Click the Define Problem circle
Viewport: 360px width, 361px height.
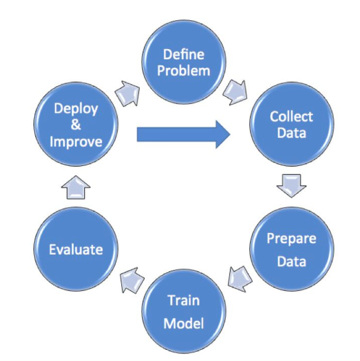[x=183, y=63]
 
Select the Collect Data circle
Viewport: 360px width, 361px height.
[x=291, y=125]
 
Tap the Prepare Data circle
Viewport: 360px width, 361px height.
[x=291, y=250]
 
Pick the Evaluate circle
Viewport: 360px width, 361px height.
[x=76, y=250]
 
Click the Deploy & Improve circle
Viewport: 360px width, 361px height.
[x=76, y=125]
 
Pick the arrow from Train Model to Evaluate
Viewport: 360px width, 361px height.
[x=130, y=279]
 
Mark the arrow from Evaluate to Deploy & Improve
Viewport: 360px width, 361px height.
[x=76, y=187]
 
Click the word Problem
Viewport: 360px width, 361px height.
[x=184, y=71]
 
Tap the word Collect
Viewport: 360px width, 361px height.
[x=291, y=117]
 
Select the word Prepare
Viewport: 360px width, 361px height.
[x=291, y=239]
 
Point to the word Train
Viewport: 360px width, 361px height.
[x=183, y=300]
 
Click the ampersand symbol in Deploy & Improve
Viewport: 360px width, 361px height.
[x=75, y=126]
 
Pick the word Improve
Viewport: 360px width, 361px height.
[x=76, y=142]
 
